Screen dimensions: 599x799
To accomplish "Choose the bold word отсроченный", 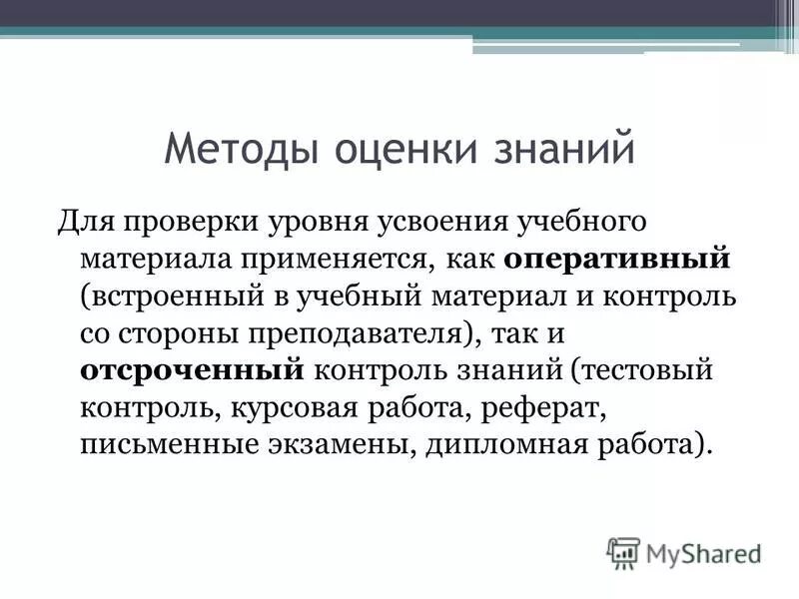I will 191,369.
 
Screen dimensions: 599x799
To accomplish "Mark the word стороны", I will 186,332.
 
